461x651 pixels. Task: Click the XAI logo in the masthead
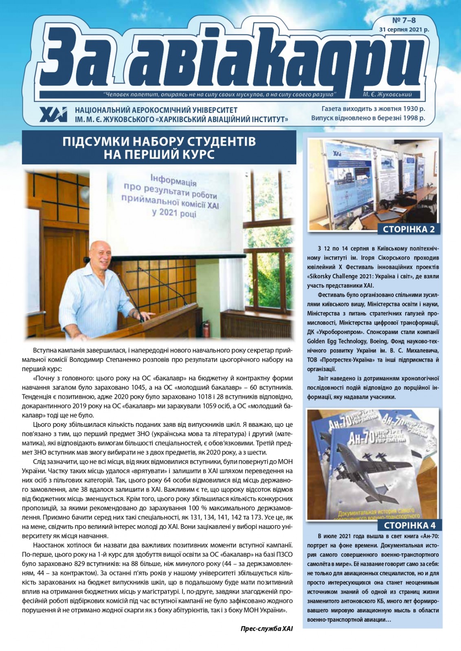pyautogui.click(x=53, y=115)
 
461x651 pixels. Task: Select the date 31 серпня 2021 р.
pyautogui.click(x=404, y=30)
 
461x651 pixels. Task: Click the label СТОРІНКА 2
pyautogui.click(x=408, y=229)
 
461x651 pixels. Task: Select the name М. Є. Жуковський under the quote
pyautogui.click(x=387, y=95)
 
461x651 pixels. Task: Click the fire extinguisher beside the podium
pyautogui.click(x=207, y=326)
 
